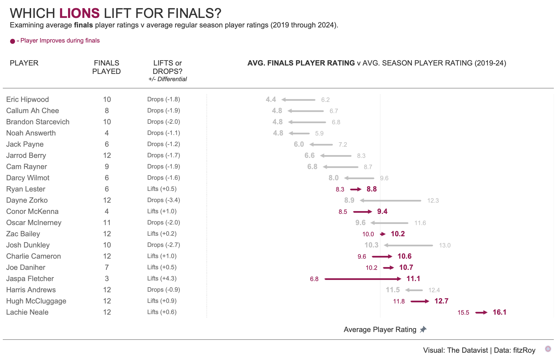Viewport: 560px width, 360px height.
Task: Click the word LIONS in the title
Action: (79, 13)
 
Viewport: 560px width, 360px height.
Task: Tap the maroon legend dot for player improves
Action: (13, 41)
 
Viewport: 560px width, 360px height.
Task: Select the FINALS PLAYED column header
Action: (106, 67)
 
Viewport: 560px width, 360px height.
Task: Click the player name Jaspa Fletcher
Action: (30, 279)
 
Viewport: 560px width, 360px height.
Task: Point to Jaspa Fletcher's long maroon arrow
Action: (363, 279)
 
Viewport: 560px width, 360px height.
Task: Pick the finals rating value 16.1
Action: (499, 312)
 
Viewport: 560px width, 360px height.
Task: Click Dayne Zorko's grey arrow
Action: (391, 200)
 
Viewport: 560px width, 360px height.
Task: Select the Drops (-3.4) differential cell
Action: (164, 200)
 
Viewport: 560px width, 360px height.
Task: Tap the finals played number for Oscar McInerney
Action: (107, 223)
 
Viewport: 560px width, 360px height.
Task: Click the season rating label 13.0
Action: (445, 246)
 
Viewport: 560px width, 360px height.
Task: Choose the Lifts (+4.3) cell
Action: (162, 279)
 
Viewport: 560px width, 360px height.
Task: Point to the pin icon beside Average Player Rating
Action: (423, 329)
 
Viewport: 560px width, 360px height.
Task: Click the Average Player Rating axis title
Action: (380, 329)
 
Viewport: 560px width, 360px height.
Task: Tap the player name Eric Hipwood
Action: (27, 99)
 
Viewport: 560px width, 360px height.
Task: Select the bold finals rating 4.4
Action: (271, 99)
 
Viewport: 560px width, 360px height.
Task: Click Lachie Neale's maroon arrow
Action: (481, 312)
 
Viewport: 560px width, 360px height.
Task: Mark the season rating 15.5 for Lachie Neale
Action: (463, 313)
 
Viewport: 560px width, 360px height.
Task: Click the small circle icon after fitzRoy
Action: (548, 349)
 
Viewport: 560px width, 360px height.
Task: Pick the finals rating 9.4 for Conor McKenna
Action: (382, 211)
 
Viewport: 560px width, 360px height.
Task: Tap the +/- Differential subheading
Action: (167, 79)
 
